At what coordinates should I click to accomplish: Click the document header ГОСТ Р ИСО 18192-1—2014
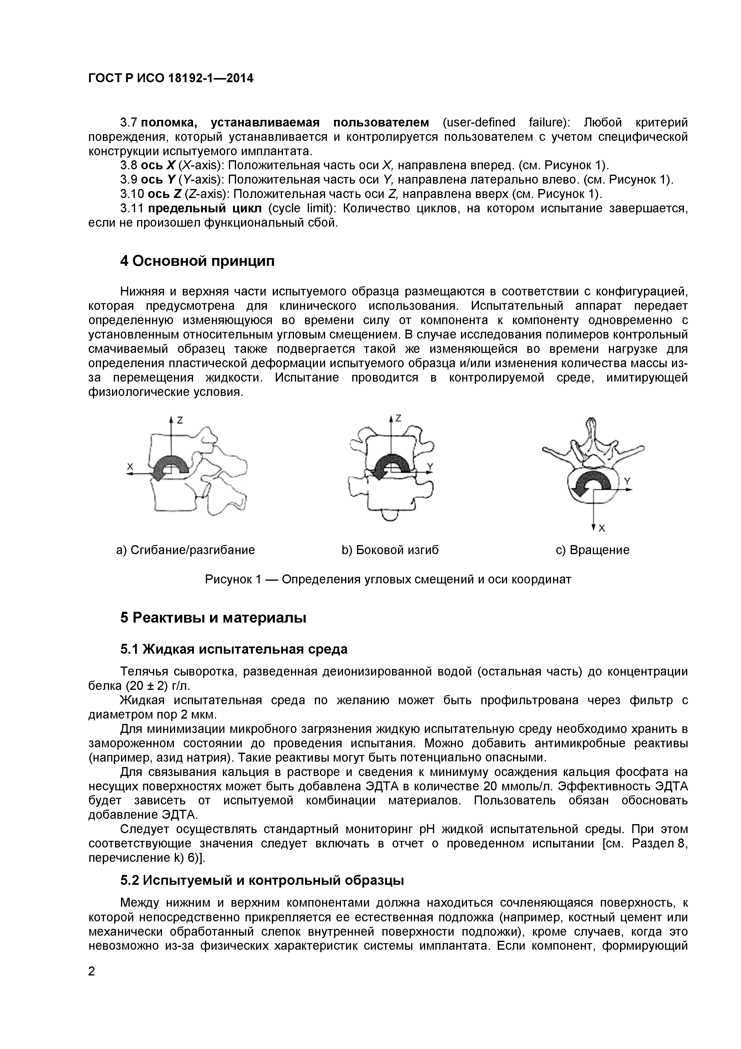170,79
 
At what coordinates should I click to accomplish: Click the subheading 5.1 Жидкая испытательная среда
234,649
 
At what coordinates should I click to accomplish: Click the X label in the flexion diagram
130,466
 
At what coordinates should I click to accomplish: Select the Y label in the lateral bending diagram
430,466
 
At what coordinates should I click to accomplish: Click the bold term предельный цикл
205,209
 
